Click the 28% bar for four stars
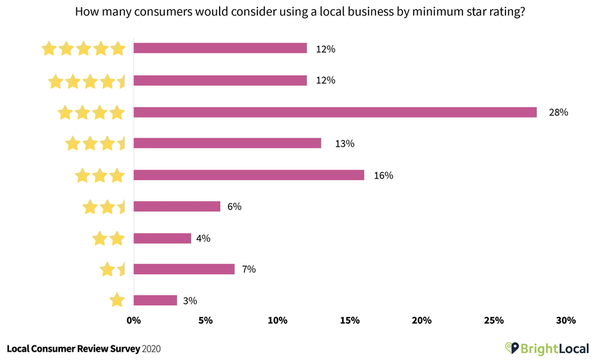[334, 112]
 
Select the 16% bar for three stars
[248, 175]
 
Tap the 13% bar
[227, 143]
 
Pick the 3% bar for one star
[155, 300]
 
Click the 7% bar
[184, 269]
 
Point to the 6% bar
[177, 206]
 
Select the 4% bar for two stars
[162, 238]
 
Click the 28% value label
[558, 112]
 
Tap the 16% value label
[383, 175]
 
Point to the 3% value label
[191, 301]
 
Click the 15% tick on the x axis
[350, 320]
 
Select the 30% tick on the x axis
[566, 320]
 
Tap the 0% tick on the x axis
[134, 320]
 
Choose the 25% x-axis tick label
[494, 320]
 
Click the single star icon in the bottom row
[117, 300]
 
